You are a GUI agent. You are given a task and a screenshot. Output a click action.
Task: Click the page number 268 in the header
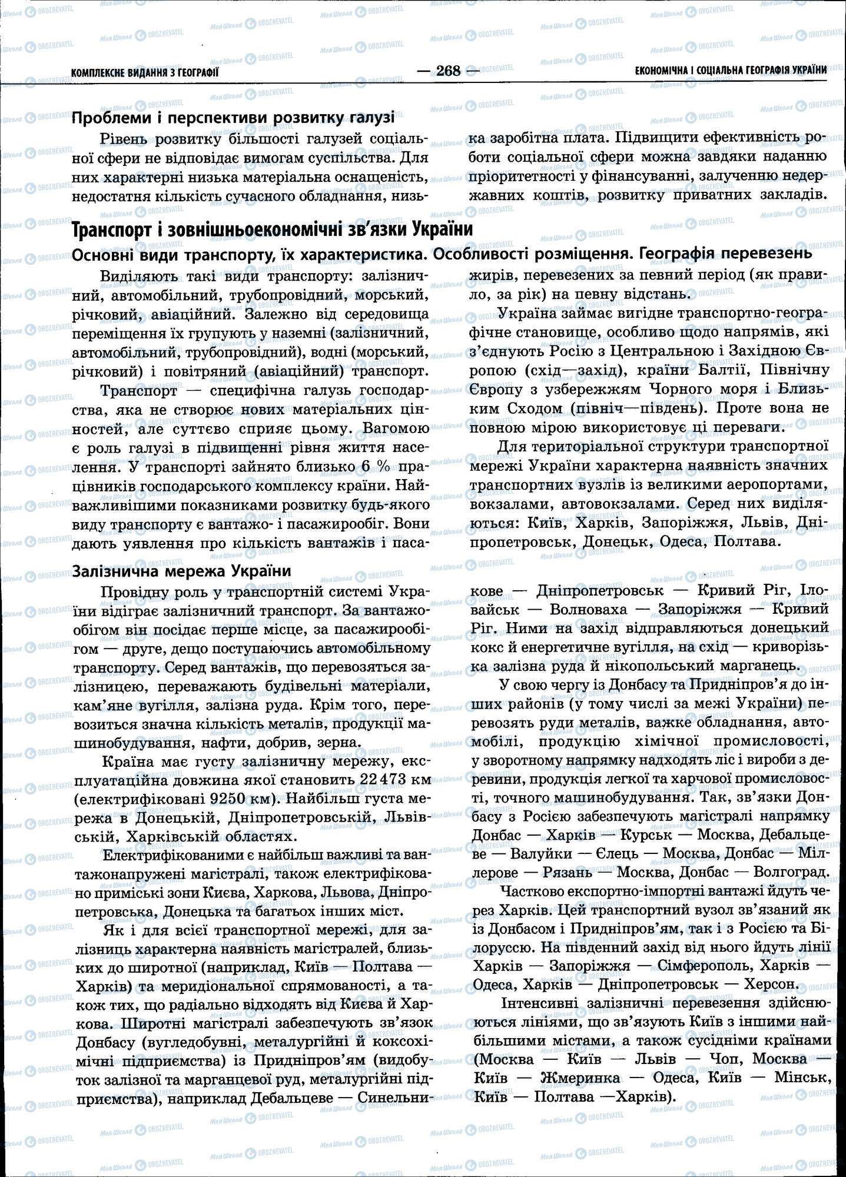click(x=447, y=71)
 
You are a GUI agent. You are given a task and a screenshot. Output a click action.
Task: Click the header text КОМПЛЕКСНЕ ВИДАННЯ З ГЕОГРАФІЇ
click(x=144, y=72)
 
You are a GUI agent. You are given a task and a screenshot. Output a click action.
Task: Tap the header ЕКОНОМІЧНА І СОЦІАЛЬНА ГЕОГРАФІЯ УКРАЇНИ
click(x=731, y=70)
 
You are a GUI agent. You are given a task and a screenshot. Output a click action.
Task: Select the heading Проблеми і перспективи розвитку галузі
click(x=233, y=118)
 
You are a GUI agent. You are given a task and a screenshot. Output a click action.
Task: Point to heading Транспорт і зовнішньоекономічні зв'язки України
click(x=272, y=229)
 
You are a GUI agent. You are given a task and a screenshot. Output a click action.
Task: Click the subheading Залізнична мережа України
click(x=181, y=571)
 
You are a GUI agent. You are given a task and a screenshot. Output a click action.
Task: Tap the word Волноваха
click(x=588, y=609)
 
